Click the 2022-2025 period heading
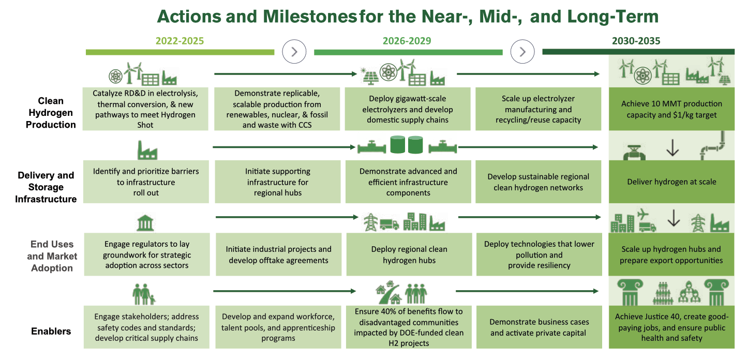coord(180,41)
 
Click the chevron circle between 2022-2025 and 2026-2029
coord(294,51)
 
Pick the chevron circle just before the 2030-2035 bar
coord(522,51)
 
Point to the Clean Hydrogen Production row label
coord(51,113)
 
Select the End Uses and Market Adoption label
coord(52,256)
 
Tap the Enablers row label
coord(50,331)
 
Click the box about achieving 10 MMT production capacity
coord(671,109)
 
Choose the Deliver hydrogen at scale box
coord(671,182)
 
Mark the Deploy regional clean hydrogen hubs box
coord(409,254)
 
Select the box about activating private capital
coord(538,327)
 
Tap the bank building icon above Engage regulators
coord(145,223)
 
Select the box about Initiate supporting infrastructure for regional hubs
coord(277,182)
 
